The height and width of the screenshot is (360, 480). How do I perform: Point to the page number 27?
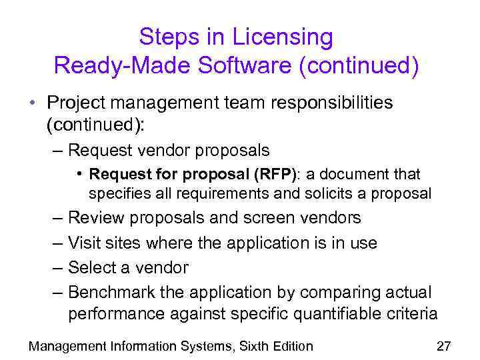click(443, 346)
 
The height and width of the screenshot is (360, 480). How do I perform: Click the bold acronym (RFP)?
click(273, 175)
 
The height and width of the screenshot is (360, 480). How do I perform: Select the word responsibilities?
click(311, 103)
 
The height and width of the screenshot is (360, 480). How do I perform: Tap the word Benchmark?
click(109, 293)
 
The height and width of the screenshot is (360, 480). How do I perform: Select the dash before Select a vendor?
click(58, 268)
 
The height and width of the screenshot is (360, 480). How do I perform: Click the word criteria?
click(413, 314)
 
